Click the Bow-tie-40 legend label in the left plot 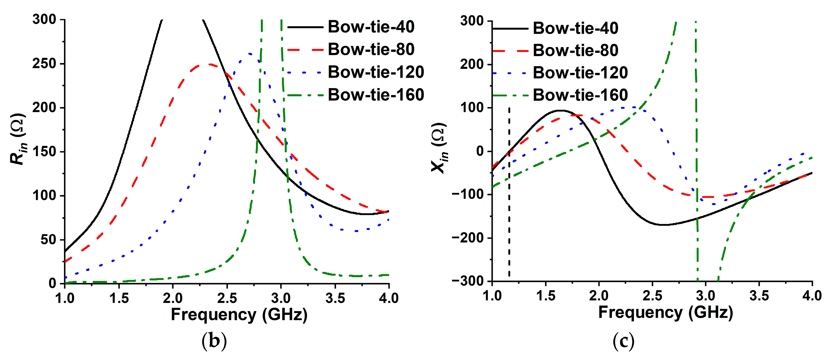371,27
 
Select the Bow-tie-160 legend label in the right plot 580,95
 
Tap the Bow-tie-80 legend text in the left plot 371,49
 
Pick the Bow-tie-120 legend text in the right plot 580,73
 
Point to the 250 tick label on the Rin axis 44,64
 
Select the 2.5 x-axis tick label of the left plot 227,298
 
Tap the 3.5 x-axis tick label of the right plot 759,296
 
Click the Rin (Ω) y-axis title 18,139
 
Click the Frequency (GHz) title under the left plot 239,315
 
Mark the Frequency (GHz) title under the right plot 665,313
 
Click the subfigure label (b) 214,342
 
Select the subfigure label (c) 623,342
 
